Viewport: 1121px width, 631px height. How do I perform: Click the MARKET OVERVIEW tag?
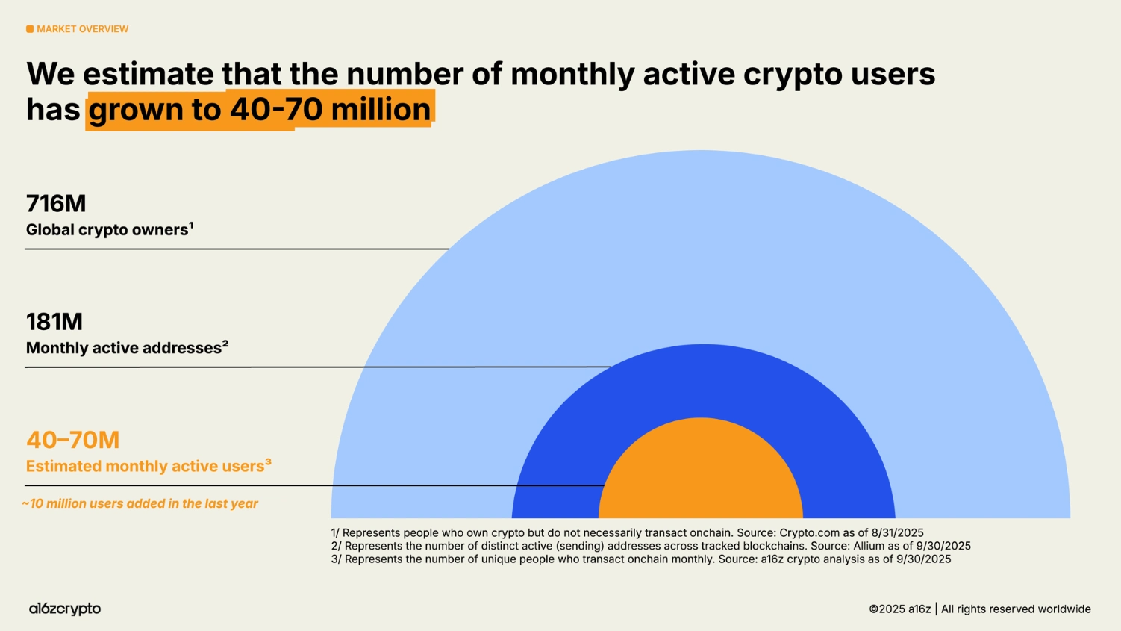point(82,29)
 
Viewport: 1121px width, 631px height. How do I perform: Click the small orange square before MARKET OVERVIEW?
point(30,29)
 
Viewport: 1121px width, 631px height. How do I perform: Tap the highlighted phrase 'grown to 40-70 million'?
point(259,110)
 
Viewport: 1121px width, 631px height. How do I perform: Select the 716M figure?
point(56,203)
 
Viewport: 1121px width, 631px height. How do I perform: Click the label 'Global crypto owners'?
point(107,230)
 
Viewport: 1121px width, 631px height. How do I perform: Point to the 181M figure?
point(54,322)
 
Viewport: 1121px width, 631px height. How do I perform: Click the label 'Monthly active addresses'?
point(124,348)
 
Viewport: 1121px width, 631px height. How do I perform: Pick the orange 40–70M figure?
point(72,440)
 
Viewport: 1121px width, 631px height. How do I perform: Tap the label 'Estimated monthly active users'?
point(145,467)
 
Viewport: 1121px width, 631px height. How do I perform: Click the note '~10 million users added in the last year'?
point(140,503)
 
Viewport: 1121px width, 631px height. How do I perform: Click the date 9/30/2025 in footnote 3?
point(924,559)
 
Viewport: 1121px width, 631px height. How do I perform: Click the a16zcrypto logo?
point(65,609)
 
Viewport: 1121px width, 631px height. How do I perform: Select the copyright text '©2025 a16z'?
point(899,609)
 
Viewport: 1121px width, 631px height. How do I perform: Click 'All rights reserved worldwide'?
point(1015,609)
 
